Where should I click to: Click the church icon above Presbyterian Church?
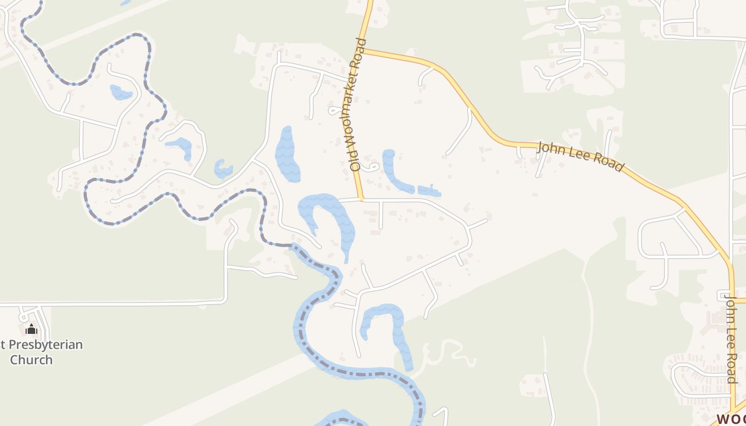pos(31,329)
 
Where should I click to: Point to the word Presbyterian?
pos(45,345)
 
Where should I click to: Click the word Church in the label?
pos(31,360)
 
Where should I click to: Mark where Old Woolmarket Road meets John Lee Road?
pos(363,50)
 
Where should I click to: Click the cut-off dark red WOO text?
pos(732,419)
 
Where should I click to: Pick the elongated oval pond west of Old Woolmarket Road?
pos(287,154)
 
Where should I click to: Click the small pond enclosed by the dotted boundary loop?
pos(120,93)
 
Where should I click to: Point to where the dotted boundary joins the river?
pos(293,245)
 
